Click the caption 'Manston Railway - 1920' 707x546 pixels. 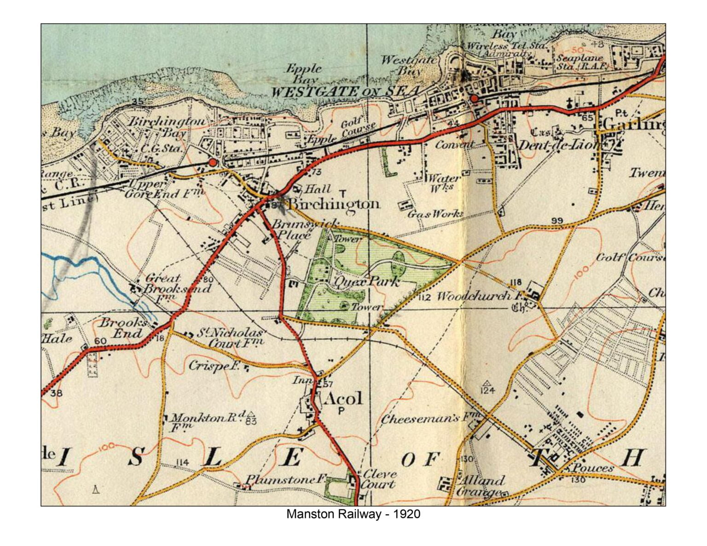point(353,514)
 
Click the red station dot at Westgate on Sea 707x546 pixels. point(474,98)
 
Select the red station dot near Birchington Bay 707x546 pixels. point(212,162)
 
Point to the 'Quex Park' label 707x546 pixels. point(367,281)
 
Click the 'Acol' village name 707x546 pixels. point(343,398)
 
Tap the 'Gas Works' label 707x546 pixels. point(435,214)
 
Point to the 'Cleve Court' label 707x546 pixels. point(378,479)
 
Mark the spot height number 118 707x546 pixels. point(516,282)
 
